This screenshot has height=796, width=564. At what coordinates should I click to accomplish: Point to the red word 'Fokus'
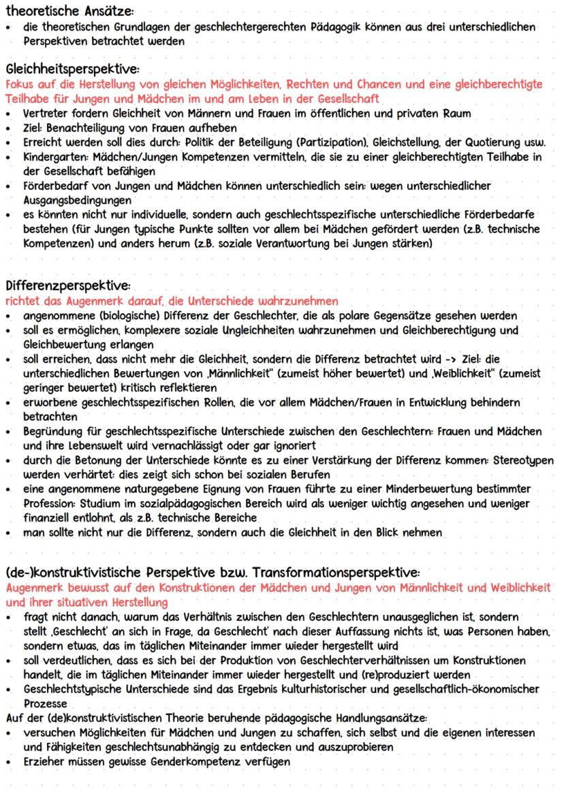pos(20,85)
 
